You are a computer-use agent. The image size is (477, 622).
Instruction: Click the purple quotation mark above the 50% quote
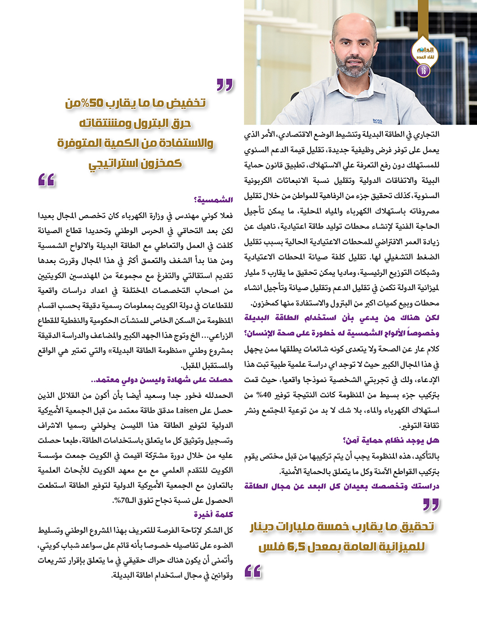coord(224,85)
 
